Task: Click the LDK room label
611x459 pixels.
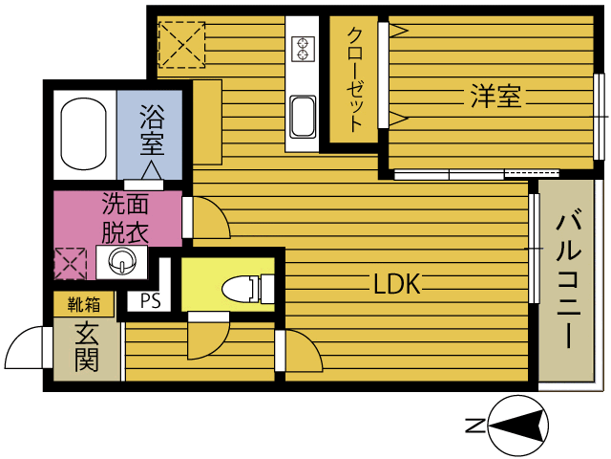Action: point(397,284)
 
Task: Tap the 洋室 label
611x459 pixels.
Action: point(495,96)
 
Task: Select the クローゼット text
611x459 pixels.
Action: point(354,79)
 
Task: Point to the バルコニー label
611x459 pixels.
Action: point(569,279)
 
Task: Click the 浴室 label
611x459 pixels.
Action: point(153,130)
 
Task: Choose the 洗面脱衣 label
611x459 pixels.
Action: point(125,219)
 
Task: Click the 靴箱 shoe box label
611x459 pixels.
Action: point(84,304)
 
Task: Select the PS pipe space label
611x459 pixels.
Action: point(151,301)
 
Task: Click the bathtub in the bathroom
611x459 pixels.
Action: point(83,134)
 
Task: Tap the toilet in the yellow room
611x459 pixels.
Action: point(248,289)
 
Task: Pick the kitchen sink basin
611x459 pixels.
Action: point(304,117)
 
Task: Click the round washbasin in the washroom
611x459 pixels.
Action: point(123,261)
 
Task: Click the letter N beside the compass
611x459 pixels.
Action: point(475,425)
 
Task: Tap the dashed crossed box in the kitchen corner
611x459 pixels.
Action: point(181,45)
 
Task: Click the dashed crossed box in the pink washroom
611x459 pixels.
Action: point(70,264)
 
